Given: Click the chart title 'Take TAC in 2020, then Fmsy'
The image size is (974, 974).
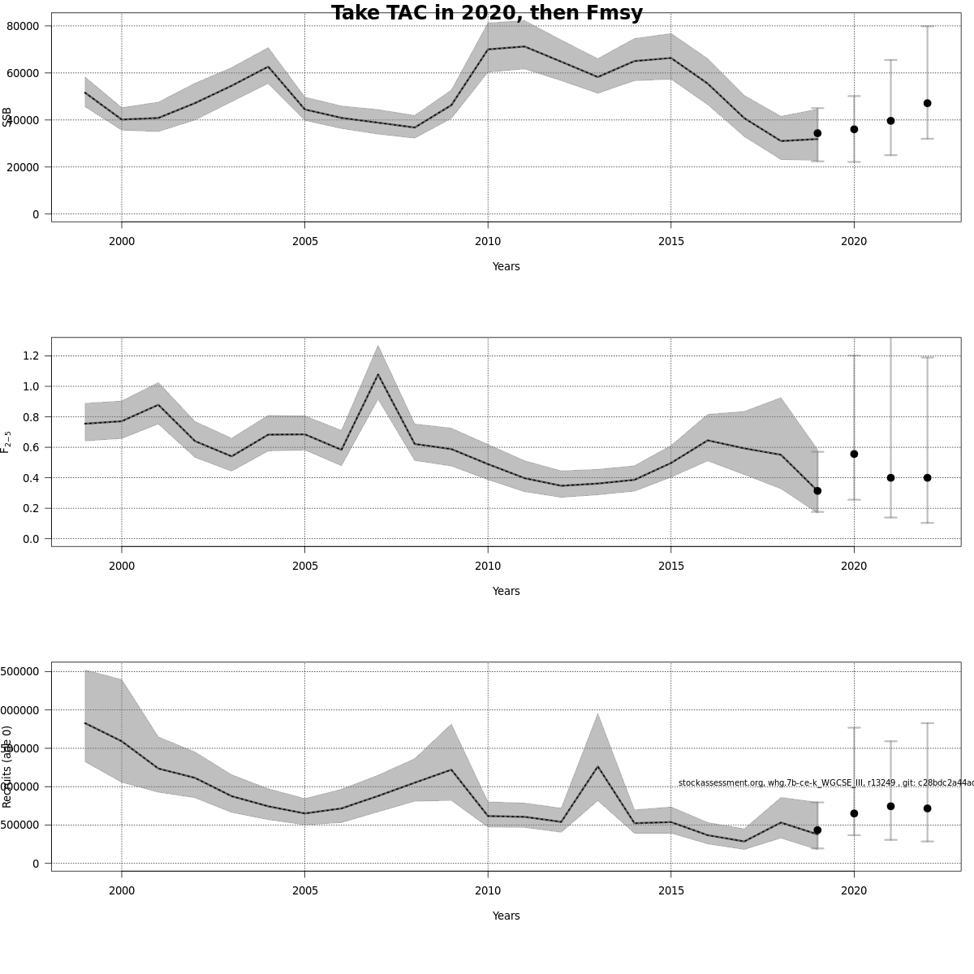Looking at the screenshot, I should pyautogui.click(x=487, y=13).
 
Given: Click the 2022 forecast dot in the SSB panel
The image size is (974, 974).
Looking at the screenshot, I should pyautogui.click(x=927, y=103).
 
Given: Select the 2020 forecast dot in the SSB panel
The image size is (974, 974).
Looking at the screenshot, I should pyautogui.click(x=854, y=129).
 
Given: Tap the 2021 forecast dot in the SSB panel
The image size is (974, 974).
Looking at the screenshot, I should pyautogui.click(x=890, y=120).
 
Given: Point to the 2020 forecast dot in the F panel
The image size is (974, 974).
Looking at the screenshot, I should pyautogui.click(x=854, y=454).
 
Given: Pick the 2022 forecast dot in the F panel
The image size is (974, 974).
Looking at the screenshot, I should pyautogui.click(x=927, y=478).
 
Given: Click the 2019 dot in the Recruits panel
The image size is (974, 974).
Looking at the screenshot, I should pyautogui.click(x=817, y=830).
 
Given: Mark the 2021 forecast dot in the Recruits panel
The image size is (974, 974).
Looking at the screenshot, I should pyautogui.click(x=890, y=806).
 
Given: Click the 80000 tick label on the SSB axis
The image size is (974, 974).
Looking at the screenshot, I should pyautogui.click(x=24, y=26).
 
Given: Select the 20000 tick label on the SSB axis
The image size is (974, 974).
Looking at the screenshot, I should pyautogui.click(x=24, y=167).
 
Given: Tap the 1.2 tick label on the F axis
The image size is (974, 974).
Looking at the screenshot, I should pyautogui.click(x=32, y=356).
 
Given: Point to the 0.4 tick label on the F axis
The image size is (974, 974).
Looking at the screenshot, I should pyautogui.click(x=32, y=478).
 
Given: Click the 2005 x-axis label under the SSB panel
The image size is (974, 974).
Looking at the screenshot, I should pyautogui.click(x=304, y=241).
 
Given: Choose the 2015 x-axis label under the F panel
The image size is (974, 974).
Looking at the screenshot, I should pyautogui.click(x=670, y=566).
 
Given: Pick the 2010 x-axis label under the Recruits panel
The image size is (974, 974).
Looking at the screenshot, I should pyautogui.click(x=488, y=890).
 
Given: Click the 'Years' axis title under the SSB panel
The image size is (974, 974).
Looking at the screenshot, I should pyautogui.click(x=506, y=266).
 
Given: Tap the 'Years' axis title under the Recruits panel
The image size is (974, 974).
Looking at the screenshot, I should pyautogui.click(x=506, y=916).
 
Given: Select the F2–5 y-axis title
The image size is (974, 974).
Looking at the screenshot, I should pyautogui.click(x=6, y=442).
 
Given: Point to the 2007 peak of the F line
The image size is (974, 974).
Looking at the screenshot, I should pyautogui.click(x=378, y=374).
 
